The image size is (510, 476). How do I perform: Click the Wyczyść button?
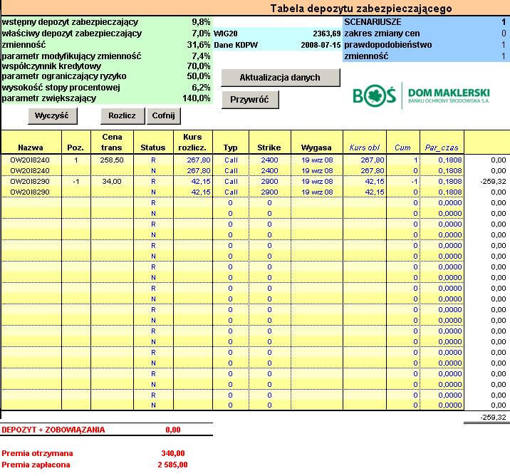click(52, 115)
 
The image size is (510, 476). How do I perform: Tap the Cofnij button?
click(163, 115)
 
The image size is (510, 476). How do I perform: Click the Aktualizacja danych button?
click(270, 77)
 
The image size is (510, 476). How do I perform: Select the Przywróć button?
click(249, 100)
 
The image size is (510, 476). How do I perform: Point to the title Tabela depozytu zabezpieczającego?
click(360, 9)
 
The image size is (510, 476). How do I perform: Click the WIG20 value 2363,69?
click(327, 33)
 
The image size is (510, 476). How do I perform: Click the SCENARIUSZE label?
click(373, 22)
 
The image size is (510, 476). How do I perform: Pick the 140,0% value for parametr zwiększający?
click(197, 98)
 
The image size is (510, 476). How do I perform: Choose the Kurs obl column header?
click(364, 148)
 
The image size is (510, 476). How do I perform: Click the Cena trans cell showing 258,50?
click(112, 160)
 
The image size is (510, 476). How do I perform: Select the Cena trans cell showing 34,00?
click(112, 181)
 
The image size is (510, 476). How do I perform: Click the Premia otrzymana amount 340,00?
click(173, 452)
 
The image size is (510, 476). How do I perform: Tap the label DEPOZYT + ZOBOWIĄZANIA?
click(53, 430)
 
